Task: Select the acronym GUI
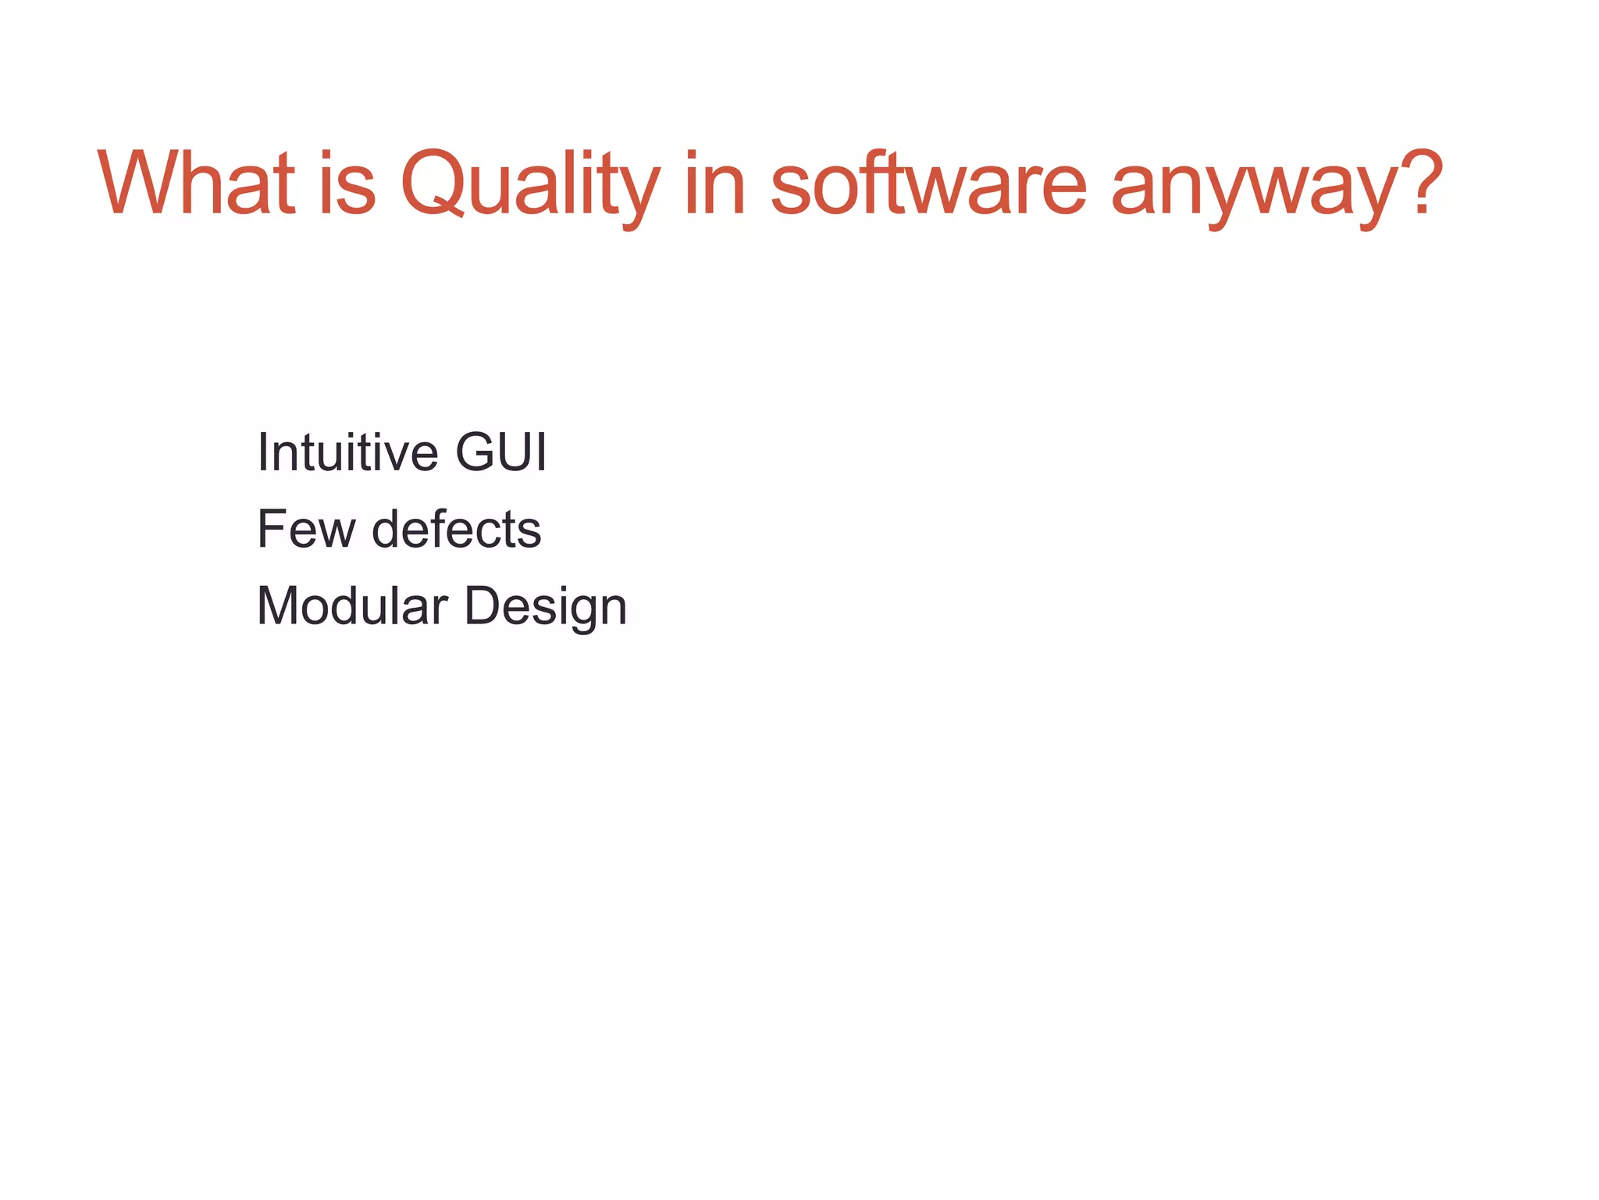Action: (x=501, y=452)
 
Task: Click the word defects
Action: (x=456, y=530)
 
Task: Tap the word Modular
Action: (x=352, y=606)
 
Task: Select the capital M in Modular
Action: (x=279, y=606)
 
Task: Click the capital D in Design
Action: (x=483, y=606)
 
